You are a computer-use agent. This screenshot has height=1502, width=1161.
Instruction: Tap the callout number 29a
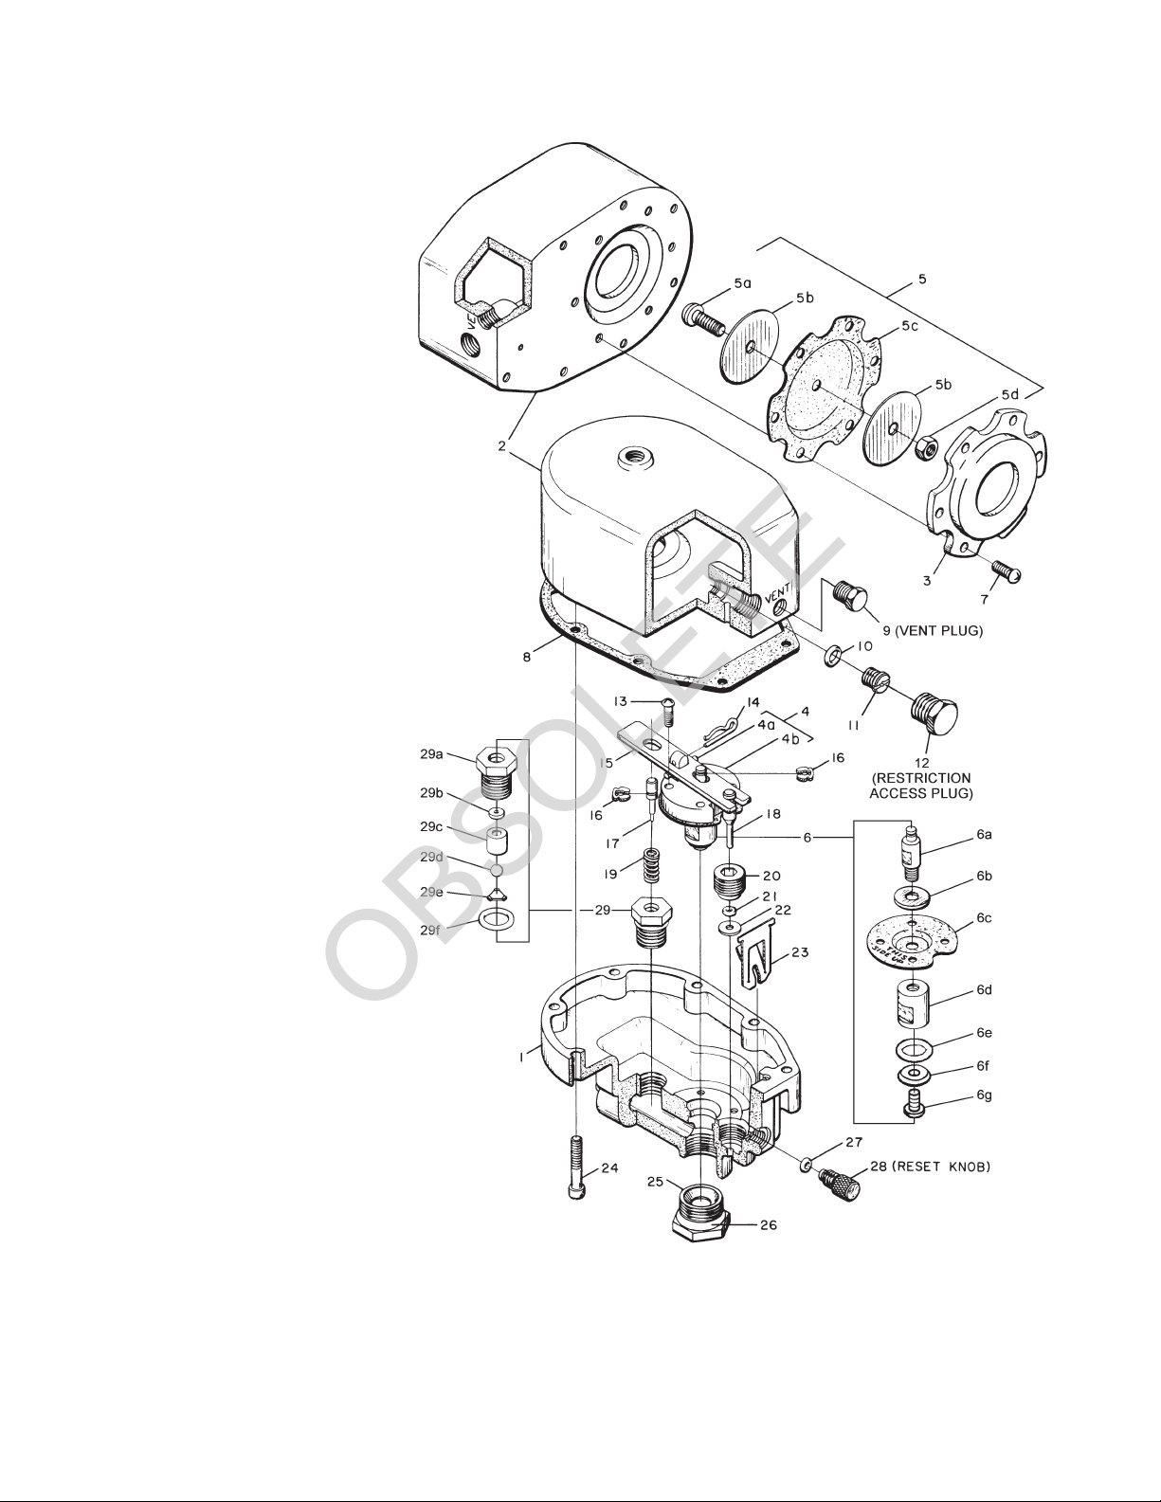431,755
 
